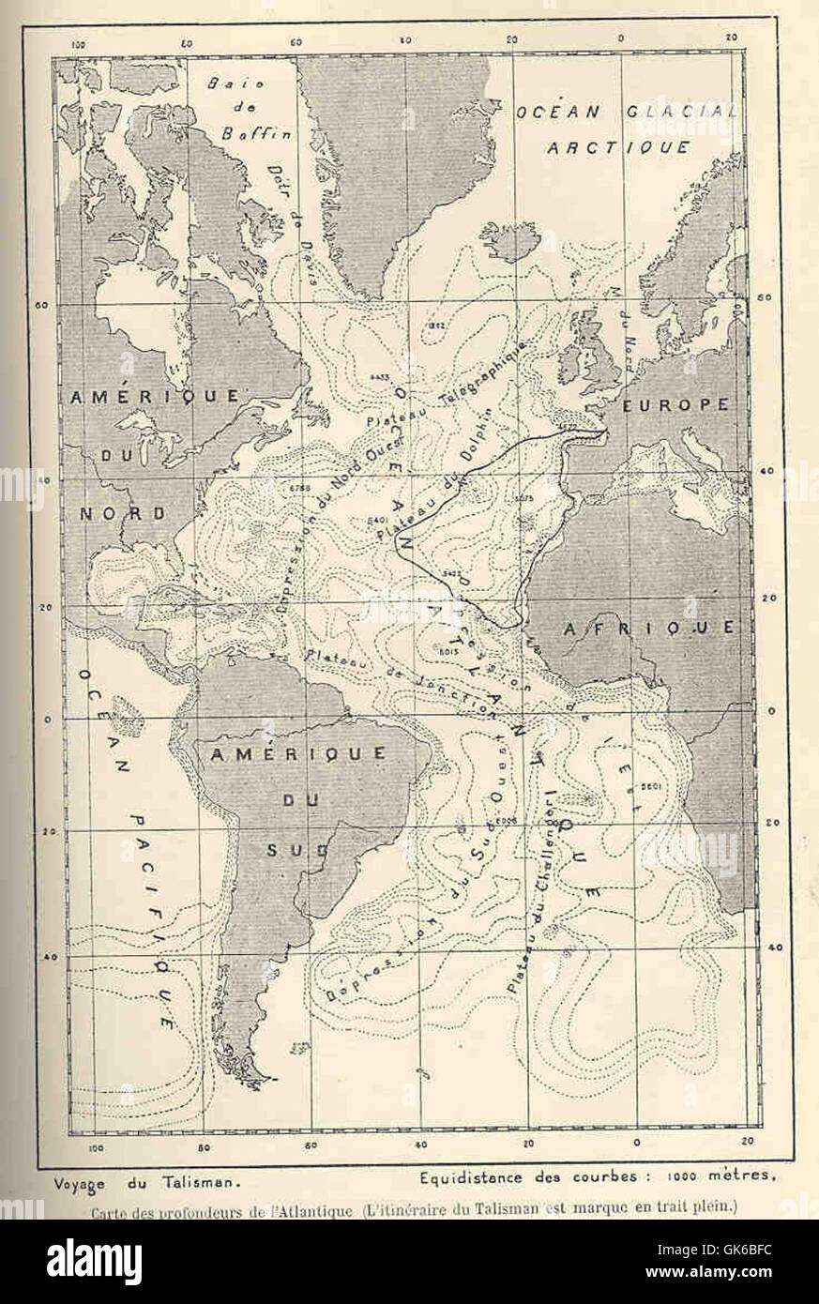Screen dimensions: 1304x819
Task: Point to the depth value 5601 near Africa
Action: coord(651,785)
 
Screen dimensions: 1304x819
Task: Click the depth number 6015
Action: coord(447,649)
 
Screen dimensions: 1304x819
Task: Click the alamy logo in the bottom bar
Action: coord(94,1261)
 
